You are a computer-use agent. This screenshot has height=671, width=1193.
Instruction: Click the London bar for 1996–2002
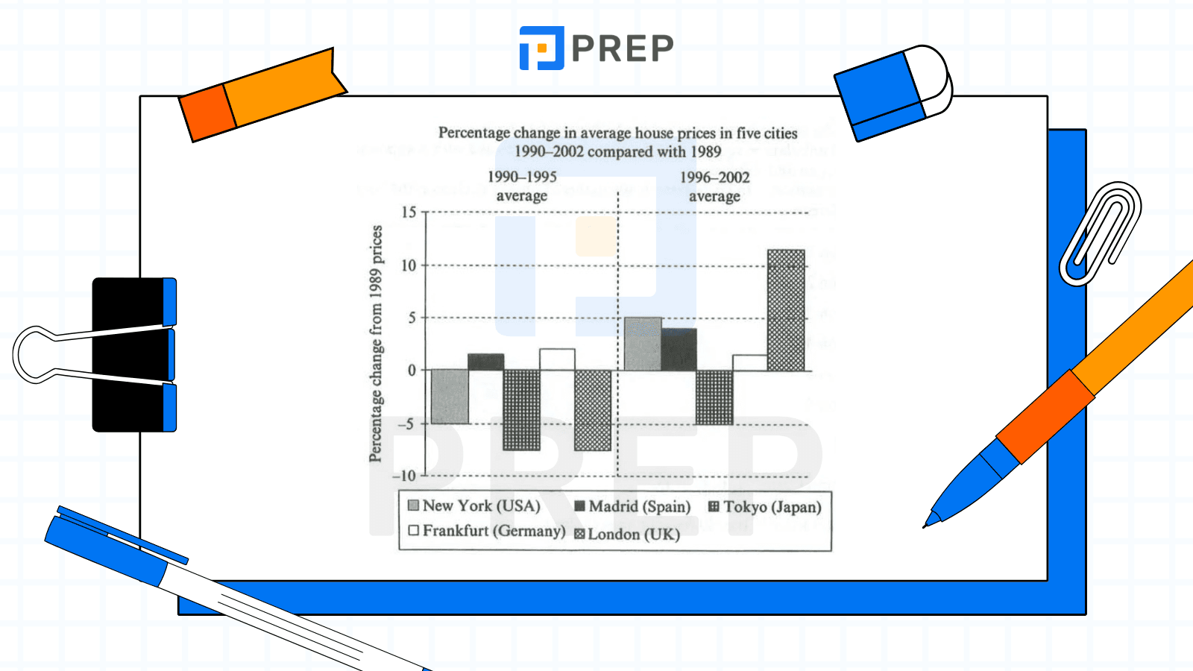(x=786, y=310)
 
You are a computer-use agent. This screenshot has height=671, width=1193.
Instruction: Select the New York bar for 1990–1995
(x=450, y=397)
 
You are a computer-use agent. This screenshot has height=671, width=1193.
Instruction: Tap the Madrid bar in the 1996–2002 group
(x=679, y=349)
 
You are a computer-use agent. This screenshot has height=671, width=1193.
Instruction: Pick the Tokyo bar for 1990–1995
(x=521, y=410)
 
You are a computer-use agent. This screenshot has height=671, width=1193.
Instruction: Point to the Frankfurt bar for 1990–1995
(x=557, y=359)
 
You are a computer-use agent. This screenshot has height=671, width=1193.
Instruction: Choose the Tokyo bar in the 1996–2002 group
(x=714, y=397)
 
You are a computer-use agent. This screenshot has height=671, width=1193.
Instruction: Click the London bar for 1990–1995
(x=593, y=410)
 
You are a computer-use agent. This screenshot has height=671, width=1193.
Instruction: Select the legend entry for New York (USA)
(x=474, y=505)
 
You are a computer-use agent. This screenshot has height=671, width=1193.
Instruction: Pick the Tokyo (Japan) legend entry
(x=765, y=507)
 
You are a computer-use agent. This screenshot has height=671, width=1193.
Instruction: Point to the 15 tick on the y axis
(x=409, y=212)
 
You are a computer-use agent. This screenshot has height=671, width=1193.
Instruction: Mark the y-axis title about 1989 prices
(x=376, y=343)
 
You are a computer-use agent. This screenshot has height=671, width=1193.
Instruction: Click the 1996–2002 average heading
(x=714, y=186)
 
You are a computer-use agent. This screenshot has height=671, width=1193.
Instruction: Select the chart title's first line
(x=617, y=133)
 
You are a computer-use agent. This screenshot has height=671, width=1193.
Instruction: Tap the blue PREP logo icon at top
(x=541, y=48)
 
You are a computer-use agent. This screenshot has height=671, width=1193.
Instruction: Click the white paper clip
(x=1101, y=233)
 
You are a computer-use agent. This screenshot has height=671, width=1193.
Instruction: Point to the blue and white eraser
(x=893, y=91)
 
